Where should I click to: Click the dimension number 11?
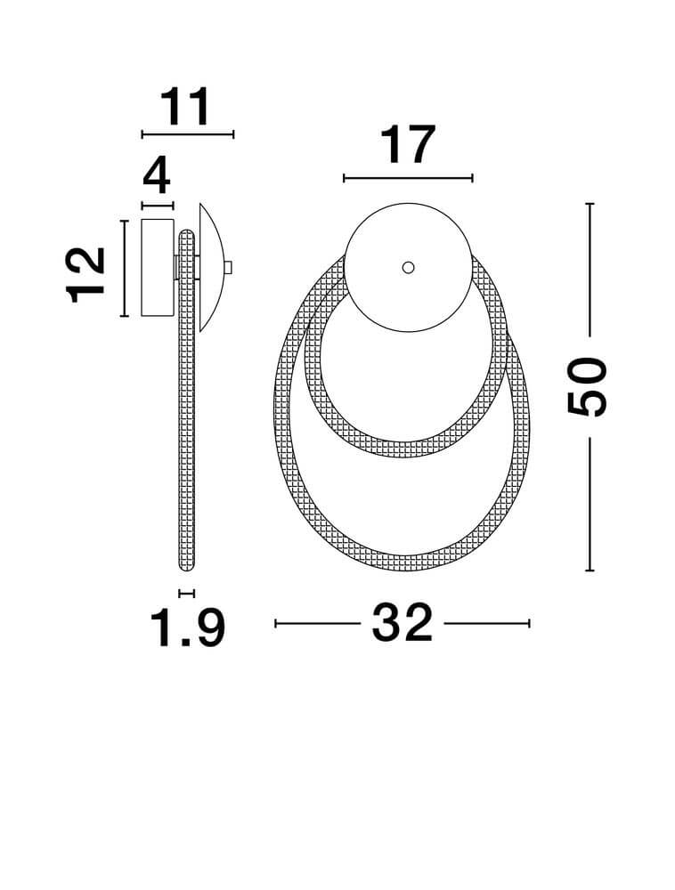(x=185, y=108)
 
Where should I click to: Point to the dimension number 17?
(x=408, y=145)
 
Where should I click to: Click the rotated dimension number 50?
(x=588, y=386)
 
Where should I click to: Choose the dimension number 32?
(x=403, y=623)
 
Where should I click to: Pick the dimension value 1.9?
(x=187, y=627)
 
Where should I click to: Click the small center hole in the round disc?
(x=408, y=267)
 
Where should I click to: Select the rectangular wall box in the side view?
(x=158, y=267)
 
